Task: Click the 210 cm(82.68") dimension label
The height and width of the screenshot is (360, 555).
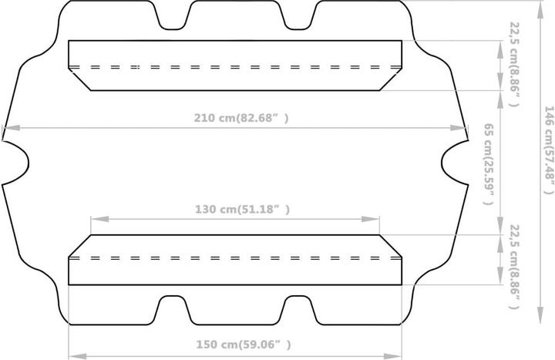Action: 241,118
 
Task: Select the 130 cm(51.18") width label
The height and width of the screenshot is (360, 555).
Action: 243,209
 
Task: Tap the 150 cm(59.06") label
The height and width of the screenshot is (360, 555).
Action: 244,345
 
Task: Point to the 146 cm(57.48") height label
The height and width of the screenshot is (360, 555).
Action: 548,150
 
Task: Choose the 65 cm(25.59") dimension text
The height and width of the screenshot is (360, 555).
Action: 489,164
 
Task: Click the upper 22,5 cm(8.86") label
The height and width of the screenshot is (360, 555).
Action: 514,64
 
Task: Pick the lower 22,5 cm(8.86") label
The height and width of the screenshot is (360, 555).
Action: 514,267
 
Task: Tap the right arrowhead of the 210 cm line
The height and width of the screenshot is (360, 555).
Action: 459,128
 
